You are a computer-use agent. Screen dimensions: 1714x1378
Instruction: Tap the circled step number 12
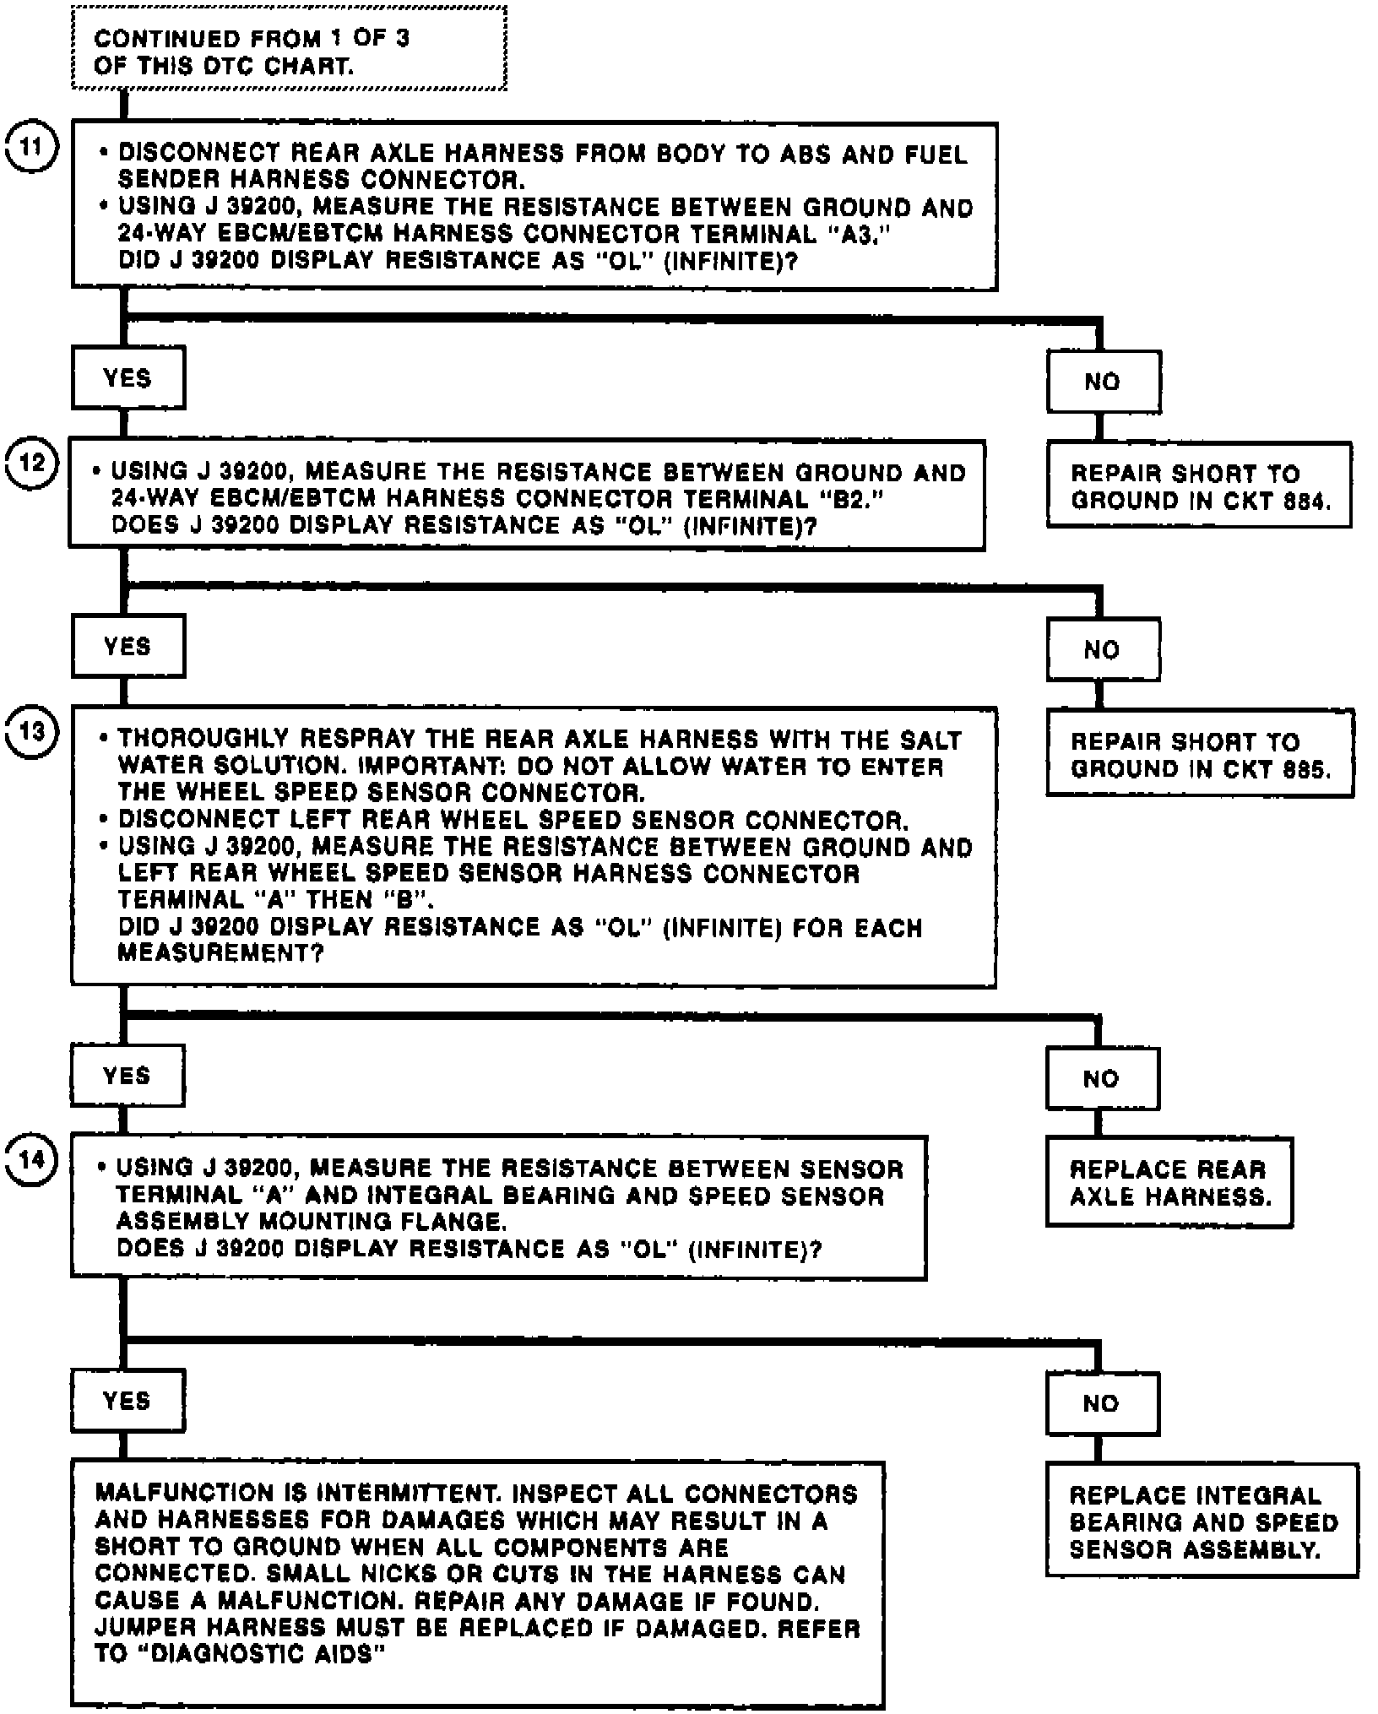point(31,464)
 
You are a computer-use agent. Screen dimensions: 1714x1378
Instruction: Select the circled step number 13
point(31,731)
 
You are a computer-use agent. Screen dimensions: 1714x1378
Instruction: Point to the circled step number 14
point(31,1159)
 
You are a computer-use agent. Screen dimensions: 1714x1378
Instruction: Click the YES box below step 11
point(128,378)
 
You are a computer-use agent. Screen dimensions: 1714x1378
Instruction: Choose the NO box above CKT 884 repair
point(1103,382)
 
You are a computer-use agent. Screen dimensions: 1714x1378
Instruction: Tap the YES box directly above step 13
point(128,647)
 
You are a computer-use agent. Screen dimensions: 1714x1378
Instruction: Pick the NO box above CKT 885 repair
point(1103,650)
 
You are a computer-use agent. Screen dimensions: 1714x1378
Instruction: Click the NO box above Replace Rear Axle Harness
point(1102,1079)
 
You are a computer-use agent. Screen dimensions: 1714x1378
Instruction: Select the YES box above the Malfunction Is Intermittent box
point(127,1401)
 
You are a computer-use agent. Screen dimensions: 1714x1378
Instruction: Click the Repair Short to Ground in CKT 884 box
point(1199,486)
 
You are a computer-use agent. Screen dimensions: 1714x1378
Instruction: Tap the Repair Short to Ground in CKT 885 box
point(1200,755)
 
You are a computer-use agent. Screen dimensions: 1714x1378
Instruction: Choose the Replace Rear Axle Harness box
point(1169,1183)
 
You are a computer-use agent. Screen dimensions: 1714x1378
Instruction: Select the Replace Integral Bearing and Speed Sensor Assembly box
point(1202,1522)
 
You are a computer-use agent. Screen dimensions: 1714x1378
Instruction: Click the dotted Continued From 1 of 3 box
point(289,49)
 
